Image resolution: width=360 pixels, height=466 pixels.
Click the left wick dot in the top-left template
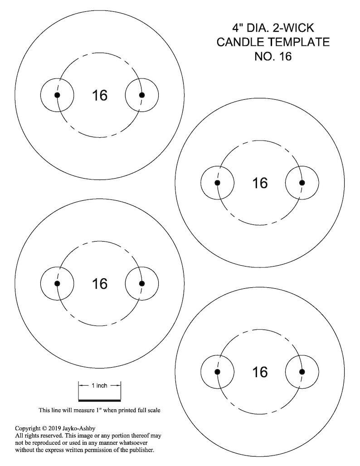(x=58, y=95)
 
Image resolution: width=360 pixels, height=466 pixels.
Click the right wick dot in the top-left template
(x=142, y=95)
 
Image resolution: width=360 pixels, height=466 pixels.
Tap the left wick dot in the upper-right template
(x=217, y=183)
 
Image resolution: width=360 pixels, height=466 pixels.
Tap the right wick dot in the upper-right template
(x=302, y=183)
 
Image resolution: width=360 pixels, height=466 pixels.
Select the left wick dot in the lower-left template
(x=58, y=283)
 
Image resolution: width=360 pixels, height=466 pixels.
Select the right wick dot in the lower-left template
(x=142, y=283)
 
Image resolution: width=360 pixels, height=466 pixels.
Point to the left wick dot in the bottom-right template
(x=217, y=372)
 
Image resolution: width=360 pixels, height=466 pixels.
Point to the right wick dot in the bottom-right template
(x=302, y=372)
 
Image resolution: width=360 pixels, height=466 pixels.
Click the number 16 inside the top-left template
(x=100, y=95)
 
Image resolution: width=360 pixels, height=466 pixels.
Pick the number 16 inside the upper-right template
(x=260, y=183)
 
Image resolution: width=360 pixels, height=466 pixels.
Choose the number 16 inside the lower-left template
(x=100, y=284)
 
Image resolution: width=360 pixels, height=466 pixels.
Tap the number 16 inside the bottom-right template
(x=260, y=372)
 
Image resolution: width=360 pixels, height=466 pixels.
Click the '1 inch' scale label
(x=99, y=385)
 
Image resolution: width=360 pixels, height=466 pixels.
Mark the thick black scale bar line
(x=100, y=400)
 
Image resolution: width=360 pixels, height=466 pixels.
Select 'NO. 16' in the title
(x=273, y=56)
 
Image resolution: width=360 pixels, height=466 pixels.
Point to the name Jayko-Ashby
(x=79, y=428)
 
